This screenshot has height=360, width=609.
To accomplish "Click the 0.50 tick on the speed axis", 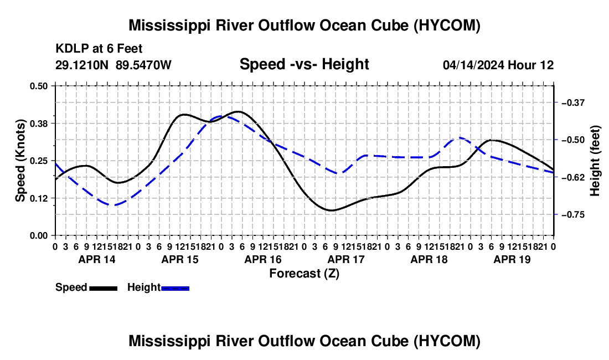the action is (x=38, y=86).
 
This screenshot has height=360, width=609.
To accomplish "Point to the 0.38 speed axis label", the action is (x=38, y=124).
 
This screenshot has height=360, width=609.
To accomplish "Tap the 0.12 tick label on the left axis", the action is (x=38, y=198).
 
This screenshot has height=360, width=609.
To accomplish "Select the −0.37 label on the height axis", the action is (x=573, y=103).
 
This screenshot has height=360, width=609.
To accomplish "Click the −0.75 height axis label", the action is (x=573, y=215).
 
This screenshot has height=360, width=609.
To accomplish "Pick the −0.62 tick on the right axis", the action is (x=573, y=177).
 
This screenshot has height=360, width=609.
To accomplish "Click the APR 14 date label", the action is (x=97, y=259).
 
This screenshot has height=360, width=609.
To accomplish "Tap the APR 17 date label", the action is (x=346, y=259).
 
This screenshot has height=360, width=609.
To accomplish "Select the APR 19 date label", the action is (x=512, y=259).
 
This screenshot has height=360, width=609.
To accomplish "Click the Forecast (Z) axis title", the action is (x=304, y=274).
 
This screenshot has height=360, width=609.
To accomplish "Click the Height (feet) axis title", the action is (x=595, y=161).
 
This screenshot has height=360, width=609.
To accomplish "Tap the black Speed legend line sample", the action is (x=104, y=289).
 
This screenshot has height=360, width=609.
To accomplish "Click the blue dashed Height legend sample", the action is (x=175, y=289).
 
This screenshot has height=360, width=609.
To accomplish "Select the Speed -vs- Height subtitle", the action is (x=304, y=64).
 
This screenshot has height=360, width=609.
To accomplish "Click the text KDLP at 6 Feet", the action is (x=99, y=49).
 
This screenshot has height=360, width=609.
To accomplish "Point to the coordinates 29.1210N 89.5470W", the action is (x=113, y=65).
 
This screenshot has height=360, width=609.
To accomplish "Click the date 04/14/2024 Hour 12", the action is (x=498, y=65).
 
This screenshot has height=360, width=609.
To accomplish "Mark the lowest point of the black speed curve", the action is (x=331, y=210).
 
